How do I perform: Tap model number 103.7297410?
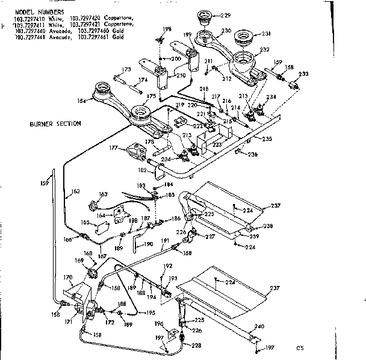pyautogui.click(x=28, y=18)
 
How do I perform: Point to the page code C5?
pyautogui.click(x=299, y=347)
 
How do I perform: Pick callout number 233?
pyautogui.click(x=303, y=73)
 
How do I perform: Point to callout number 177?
pyautogui.click(x=113, y=146)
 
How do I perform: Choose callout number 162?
pyautogui.click(x=76, y=192)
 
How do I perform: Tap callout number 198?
pyautogui.click(x=168, y=29)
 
